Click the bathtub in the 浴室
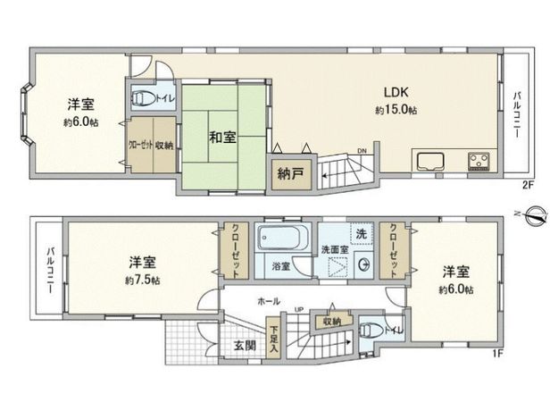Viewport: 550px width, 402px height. click(283, 240)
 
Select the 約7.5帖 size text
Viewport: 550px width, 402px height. click(144, 280)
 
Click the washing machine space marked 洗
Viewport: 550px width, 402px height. click(361, 234)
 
